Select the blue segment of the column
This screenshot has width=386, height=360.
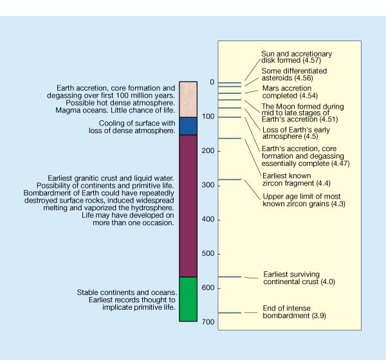tap(188, 126)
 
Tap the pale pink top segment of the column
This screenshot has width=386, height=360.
tap(188, 99)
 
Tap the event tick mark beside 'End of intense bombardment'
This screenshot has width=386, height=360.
tap(230, 313)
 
